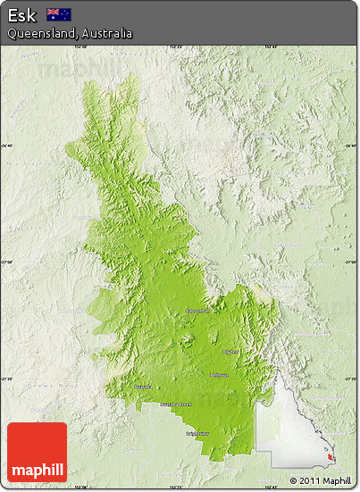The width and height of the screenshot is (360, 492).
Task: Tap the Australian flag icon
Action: (59, 14)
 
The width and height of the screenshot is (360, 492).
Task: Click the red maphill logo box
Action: (37, 452)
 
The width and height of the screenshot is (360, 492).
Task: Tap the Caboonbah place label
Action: (198, 311)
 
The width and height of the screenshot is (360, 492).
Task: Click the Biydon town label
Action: (230, 352)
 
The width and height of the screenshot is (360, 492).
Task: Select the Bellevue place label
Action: (219, 375)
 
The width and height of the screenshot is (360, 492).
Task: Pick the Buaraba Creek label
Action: (176, 404)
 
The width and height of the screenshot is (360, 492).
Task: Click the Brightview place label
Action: (198, 434)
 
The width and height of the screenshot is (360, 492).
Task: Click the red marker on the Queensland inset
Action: (331, 458)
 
